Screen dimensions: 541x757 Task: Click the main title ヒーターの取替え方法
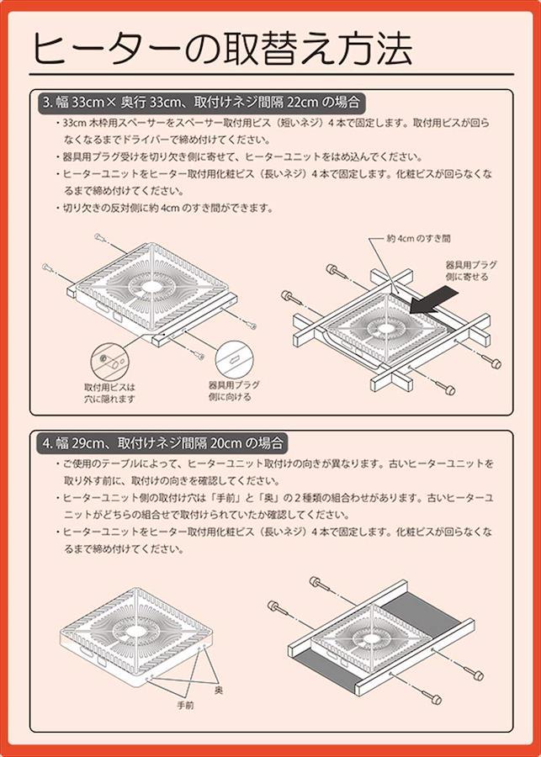(223, 49)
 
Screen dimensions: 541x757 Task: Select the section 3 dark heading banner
(201, 103)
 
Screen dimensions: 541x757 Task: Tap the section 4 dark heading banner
(162, 442)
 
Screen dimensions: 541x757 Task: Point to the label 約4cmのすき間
(419, 239)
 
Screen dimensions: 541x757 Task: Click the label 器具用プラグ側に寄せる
(470, 270)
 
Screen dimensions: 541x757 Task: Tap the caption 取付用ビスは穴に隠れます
(110, 393)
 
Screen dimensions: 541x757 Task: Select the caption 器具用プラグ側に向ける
(234, 391)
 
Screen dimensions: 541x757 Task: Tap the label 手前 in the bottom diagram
(185, 706)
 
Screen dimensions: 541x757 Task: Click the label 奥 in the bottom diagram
(218, 691)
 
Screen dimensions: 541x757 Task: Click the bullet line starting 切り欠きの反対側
(165, 209)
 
